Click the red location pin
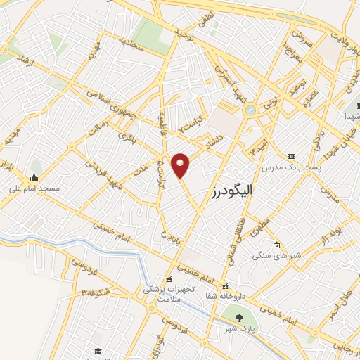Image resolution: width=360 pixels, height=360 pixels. tap(181, 165)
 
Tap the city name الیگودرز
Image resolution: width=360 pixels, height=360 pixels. tap(231, 191)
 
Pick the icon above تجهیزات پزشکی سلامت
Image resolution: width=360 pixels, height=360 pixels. tap(167, 278)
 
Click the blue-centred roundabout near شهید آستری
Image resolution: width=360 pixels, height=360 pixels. tap(250, 110)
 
